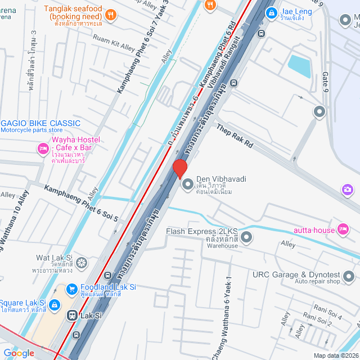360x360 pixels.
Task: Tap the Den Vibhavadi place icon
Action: click(187, 184)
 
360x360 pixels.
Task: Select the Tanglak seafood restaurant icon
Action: click(111, 16)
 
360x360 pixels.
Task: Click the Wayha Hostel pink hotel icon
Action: click(42, 148)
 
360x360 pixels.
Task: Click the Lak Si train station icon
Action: click(73, 316)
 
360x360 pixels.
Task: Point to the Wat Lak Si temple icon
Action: click(82, 263)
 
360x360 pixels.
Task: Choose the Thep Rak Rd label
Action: click(235, 136)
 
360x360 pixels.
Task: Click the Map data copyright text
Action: click(336, 355)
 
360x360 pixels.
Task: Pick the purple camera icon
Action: click(348, 190)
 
